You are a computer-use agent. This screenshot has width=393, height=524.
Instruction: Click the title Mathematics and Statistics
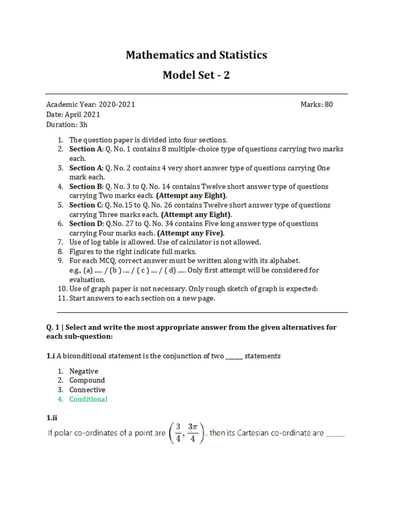[196, 55]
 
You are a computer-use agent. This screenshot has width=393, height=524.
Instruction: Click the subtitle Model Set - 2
[196, 75]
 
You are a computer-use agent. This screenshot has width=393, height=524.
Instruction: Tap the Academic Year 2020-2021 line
[91, 104]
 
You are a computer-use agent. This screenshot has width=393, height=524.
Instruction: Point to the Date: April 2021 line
[73, 115]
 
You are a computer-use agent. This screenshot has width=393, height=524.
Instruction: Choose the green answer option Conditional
[89, 399]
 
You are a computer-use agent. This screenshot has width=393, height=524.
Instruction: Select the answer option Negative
[83, 371]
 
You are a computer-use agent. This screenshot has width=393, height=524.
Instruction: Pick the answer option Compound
[87, 380]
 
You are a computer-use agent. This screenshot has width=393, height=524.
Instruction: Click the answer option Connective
[88, 389]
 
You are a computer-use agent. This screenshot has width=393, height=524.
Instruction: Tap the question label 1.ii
[52, 418]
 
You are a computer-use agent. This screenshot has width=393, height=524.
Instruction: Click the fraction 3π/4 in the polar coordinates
[192, 433]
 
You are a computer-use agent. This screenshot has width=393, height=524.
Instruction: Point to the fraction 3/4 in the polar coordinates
[178, 433]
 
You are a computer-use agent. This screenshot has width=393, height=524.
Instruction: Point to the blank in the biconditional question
[234, 356]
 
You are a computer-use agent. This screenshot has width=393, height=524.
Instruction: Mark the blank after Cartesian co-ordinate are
[335, 433]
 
